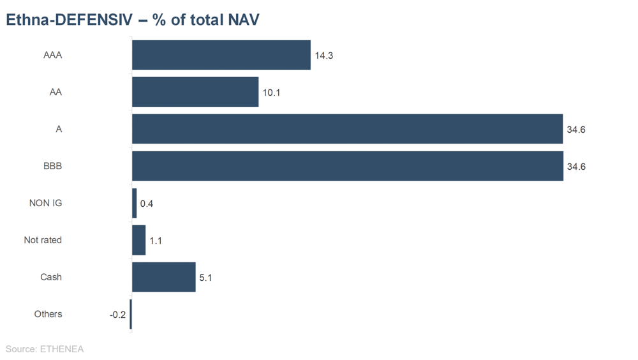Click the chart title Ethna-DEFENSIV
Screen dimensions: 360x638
point(132,20)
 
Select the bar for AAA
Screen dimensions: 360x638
point(221,56)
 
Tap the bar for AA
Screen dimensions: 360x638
point(195,93)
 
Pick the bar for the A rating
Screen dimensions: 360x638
point(347,130)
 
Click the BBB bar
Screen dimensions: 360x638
point(347,167)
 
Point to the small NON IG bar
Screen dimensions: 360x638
point(134,204)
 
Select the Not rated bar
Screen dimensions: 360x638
point(138,241)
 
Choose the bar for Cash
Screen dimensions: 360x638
point(163,278)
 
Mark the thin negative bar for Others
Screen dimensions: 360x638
point(131,315)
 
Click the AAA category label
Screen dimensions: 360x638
point(52,56)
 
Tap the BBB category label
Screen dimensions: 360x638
point(52,167)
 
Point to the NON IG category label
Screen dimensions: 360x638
point(45,204)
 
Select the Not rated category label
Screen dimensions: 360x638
point(43,241)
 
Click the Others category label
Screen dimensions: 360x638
point(48,315)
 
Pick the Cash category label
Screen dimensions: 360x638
point(51,278)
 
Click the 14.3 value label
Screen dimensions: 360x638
point(323,56)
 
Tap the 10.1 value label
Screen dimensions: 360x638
point(271,93)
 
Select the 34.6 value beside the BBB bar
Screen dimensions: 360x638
point(575,167)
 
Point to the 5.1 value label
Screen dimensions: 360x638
point(206,278)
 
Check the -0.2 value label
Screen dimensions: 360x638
point(117,315)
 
